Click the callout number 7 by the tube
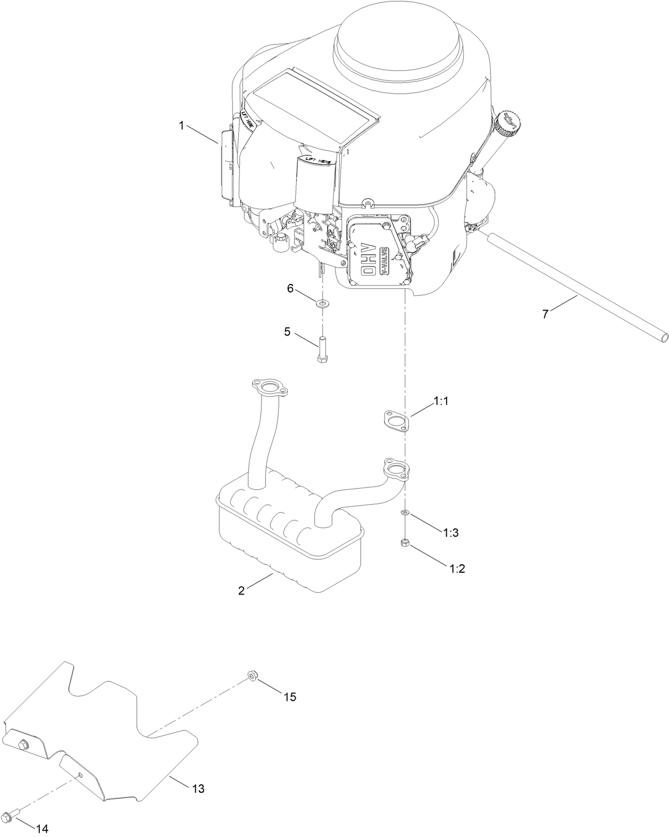click(545, 314)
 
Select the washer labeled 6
click(322, 304)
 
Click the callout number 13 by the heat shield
click(197, 789)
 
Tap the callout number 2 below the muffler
click(241, 591)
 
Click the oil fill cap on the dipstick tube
click(506, 122)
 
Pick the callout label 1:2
click(457, 568)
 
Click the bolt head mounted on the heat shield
click(23, 744)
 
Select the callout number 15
click(289, 697)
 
